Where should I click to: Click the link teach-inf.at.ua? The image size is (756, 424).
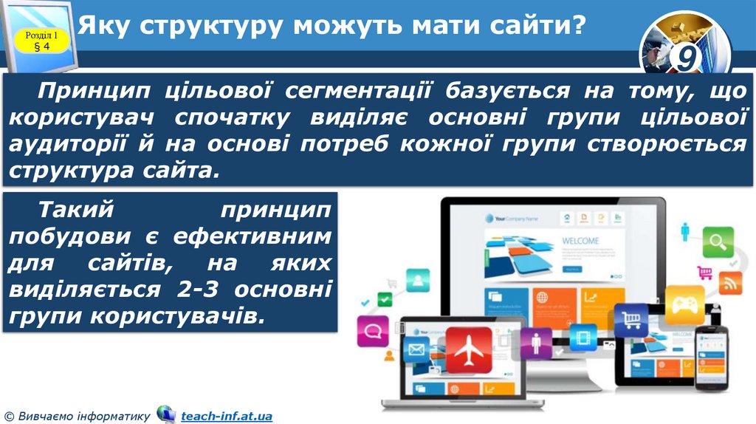click(x=227, y=417)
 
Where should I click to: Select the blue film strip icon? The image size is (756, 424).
click(x=583, y=337)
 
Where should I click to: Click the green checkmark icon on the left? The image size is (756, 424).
click(x=385, y=299)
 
